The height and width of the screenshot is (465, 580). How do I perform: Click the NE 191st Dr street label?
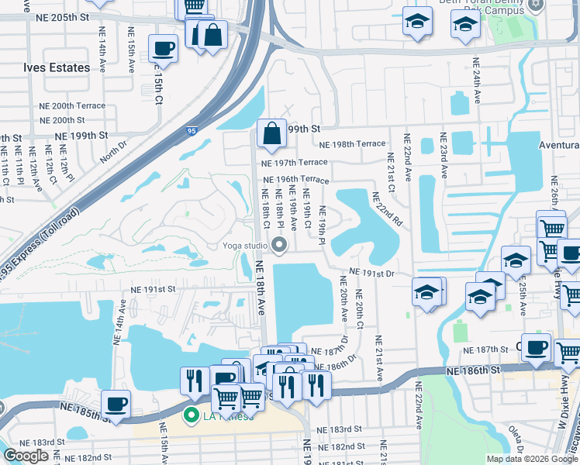371,273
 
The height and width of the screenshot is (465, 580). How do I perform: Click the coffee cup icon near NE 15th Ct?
162,49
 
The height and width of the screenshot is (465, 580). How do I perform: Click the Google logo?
26,456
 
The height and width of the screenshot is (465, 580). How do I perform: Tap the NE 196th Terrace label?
294,181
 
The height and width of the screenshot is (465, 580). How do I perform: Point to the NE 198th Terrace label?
355,144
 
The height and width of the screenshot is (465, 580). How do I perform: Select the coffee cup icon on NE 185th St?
116,404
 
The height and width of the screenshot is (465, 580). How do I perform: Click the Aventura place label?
559,146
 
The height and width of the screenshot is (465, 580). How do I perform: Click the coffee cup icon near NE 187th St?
536,348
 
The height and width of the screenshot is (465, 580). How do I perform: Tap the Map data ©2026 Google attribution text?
532,459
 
